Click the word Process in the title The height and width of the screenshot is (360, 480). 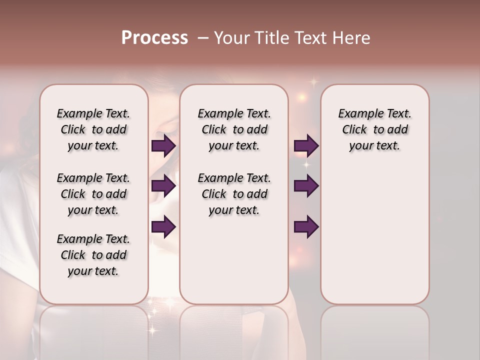click(x=154, y=38)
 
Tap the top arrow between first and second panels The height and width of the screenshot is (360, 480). click(x=163, y=145)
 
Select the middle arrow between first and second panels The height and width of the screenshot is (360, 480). click(x=163, y=186)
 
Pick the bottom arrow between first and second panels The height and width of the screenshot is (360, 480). click(x=163, y=226)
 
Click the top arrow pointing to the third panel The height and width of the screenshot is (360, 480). click(x=306, y=145)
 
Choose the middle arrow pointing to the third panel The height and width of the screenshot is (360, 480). click(x=306, y=186)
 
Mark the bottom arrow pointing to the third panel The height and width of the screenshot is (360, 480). click(x=306, y=226)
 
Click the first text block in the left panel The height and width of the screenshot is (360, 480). click(x=93, y=129)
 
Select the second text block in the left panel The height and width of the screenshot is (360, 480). click(x=93, y=194)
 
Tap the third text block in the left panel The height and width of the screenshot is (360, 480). click(x=93, y=255)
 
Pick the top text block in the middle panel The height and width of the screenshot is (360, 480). click(x=234, y=129)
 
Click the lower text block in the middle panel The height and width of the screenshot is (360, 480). click(x=234, y=194)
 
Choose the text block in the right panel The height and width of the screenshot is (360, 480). click(x=374, y=129)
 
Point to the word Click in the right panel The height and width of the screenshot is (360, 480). click(x=354, y=130)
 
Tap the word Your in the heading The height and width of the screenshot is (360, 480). click(x=230, y=38)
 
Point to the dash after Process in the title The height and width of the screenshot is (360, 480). click(x=202, y=38)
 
